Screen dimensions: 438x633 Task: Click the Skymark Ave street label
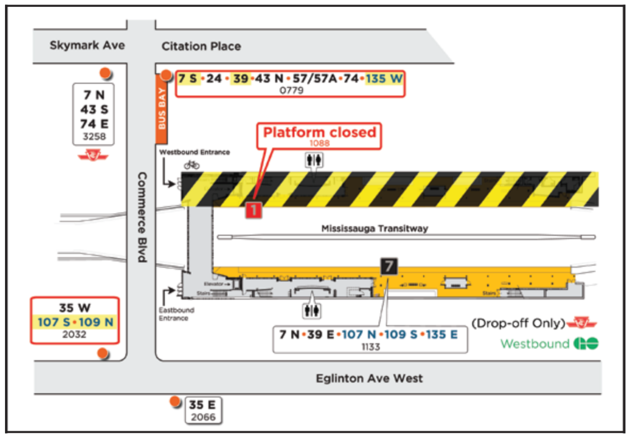[x=87, y=45]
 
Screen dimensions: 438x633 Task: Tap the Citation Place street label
[x=201, y=46]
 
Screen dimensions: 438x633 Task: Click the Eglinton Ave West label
[x=369, y=378]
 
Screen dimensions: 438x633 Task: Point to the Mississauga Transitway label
[x=375, y=229]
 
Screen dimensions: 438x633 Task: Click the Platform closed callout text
[x=320, y=132]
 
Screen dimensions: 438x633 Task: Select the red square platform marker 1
[x=253, y=209]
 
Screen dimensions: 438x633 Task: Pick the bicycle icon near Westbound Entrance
[x=192, y=165]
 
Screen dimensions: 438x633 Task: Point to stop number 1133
[x=370, y=347]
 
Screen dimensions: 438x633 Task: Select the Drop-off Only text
[x=518, y=323]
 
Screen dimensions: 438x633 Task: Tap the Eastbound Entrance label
[x=176, y=314]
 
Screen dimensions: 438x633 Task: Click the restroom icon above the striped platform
[x=312, y=160]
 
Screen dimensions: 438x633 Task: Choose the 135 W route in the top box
[x=384, y=78]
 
